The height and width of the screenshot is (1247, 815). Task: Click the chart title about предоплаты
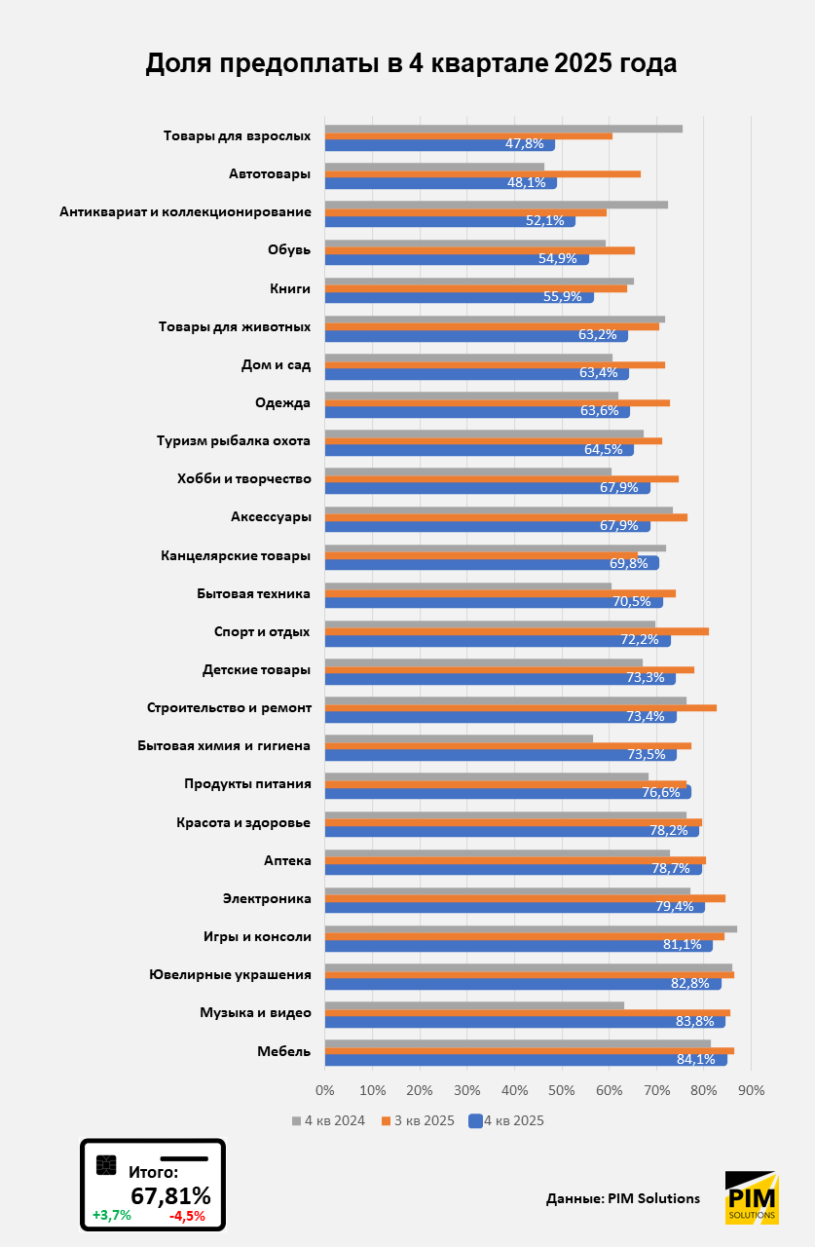410,63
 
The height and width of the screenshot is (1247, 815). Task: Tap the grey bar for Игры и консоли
531,929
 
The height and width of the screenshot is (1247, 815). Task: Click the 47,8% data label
525,144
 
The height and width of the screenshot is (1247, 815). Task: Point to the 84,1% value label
695,1060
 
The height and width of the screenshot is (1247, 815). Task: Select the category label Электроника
267,898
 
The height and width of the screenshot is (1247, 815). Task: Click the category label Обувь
289,250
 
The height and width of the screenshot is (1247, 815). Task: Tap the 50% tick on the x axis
562,1089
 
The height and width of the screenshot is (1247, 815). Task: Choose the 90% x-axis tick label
752,1089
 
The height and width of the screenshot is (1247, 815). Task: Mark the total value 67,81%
170,1195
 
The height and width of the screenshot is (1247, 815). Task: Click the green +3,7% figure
111,1216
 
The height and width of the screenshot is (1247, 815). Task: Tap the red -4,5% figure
187,1216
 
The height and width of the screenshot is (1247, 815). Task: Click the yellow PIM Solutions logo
751,1197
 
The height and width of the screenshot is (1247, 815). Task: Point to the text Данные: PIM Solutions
623,1199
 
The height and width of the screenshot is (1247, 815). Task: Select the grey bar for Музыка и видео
474,1005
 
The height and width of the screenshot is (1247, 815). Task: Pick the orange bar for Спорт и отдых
516,631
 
